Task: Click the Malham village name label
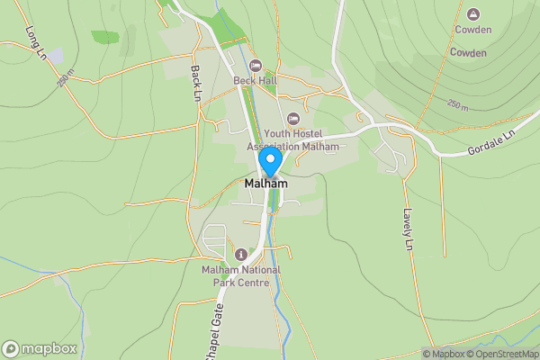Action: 266,184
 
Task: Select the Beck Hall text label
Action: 255,81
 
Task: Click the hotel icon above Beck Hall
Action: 255,65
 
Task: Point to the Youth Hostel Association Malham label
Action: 293,140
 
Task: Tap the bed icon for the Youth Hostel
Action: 292,119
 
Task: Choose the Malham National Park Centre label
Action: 241,276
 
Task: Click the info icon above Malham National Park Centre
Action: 240,255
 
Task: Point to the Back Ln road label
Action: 196,82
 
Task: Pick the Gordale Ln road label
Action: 491,144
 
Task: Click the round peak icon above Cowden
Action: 473,13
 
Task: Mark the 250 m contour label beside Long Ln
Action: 64,80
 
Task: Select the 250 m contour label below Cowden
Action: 458,106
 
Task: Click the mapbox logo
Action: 40,348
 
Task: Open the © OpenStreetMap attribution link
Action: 502,354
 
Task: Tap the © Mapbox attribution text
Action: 444,354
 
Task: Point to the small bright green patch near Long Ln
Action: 105,37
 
